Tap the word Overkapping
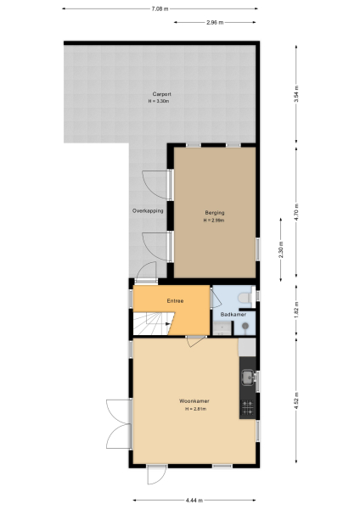coord(148,210)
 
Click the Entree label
coord(175,300)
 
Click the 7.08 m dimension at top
coord(160,8)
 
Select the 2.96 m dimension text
coord(214,23)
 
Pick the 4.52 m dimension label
coord(296,400)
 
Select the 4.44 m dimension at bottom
coord(194,500)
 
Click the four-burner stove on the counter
coord(248,406)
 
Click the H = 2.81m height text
coord(194,409)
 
